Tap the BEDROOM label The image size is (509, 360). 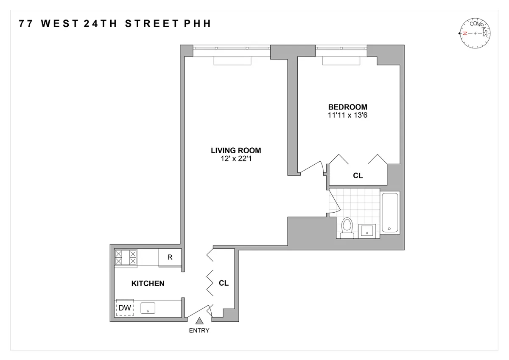(347, 107)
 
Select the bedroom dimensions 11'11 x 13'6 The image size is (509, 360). (347, 115)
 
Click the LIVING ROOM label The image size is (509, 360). (236, 150)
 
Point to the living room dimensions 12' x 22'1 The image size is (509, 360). (236, 158)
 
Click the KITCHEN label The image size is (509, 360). (148, 283)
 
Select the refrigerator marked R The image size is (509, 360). (170, 257)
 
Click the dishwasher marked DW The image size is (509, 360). (125, 308)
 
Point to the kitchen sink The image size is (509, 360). (148, 308)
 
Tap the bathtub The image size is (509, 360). (390, 212)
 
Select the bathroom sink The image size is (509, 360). (366, 231)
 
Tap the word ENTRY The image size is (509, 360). (199, 331)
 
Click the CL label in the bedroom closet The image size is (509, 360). (358, 175)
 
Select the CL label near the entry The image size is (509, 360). (224, 283)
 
